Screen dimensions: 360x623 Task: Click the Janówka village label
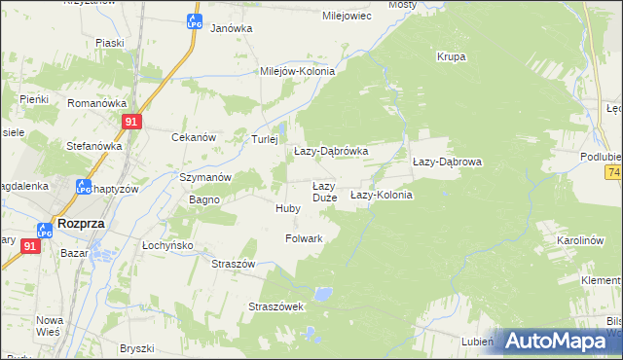231,28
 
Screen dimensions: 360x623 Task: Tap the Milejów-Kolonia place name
297,71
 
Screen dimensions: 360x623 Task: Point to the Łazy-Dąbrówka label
331,152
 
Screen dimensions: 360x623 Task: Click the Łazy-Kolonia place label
382,195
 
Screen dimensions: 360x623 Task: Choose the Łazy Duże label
324,192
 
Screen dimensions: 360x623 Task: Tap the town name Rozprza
81,222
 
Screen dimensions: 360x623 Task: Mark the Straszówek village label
277,306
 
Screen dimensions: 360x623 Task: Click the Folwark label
304,237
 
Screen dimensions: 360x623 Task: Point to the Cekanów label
193,137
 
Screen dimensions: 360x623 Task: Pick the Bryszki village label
137,348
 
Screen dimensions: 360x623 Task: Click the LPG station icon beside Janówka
195,21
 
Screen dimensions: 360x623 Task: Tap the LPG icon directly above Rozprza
44,231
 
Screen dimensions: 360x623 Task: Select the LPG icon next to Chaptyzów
83,187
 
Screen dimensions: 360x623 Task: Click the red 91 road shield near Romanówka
133,121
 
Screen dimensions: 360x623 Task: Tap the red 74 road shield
613,172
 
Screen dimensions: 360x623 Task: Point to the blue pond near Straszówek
322,292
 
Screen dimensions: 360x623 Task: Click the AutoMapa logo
558,342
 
